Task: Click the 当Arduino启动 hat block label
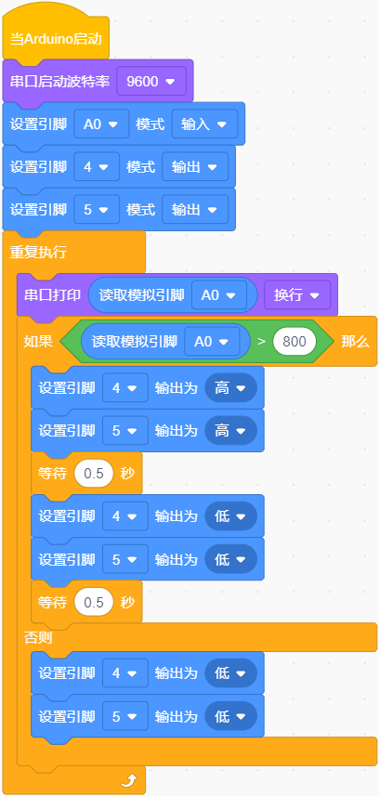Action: (56, 39)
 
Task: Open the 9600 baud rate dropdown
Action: (151, 81)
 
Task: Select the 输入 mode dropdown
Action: (204, 124)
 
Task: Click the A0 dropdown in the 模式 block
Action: (101, 124)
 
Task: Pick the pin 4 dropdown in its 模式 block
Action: (97, 167)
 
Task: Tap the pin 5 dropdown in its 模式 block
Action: (97, 210)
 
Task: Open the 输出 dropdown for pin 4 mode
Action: (195, 167)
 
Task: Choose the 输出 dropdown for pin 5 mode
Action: (195, 210)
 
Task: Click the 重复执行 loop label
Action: (39, 253)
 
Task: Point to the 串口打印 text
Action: (53, 295)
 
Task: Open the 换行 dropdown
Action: (297, 295)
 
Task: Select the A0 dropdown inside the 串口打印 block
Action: (219, 295)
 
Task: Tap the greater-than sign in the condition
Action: (262, 342)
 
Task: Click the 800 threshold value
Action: (294, 342)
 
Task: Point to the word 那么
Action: (355, 342)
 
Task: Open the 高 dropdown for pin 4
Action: (230, 388)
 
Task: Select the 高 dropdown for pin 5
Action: (230, 431)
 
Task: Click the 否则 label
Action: (38, 638)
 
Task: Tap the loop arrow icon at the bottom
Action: (129, 781)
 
